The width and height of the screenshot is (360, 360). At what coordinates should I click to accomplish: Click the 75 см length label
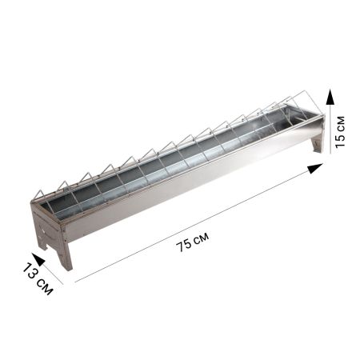pos(193,242)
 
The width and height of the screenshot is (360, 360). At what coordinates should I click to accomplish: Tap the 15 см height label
pos(340,132)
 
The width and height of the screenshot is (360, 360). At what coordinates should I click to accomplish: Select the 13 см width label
pos(38,278)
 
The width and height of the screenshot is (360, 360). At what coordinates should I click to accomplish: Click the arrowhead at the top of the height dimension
pos(330,97)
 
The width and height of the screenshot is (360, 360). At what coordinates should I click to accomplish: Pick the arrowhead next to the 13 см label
pos(38,259)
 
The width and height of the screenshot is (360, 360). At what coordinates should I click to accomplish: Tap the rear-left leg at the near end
pos(42,243)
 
